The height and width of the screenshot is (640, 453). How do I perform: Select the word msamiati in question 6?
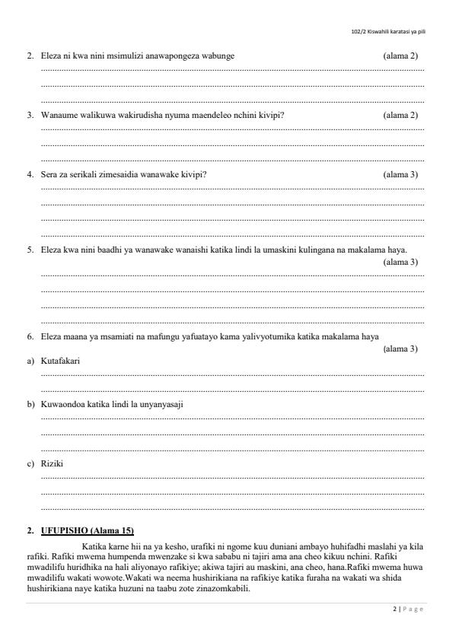point(125,336)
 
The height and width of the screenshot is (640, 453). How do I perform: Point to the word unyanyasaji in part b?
point(161,404)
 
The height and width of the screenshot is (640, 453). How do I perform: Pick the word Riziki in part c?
point(52,463)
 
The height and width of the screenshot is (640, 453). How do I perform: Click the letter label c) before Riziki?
point(30,463)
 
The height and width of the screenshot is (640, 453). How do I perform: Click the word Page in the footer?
point(413,610)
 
